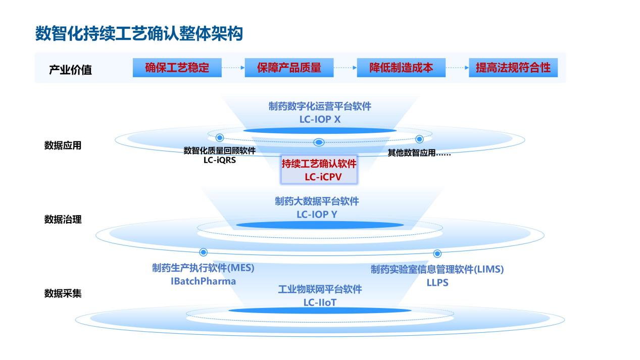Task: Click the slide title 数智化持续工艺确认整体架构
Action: coord(139,33)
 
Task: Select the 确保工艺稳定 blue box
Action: coord(177,68)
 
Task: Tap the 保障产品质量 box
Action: coord(289,68)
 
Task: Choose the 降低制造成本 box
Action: coord(401,68)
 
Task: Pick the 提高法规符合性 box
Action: coord(513,68)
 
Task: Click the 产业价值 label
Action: coord(70,70)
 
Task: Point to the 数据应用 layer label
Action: coord(63,145)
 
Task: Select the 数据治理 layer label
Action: coord(63,220)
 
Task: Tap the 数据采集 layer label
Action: coord(63,293)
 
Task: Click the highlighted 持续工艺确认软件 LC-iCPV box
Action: coord(319,170)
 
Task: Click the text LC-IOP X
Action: coord(320,119)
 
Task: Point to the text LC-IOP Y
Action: coord(317,214)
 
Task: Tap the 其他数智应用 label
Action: coord(419,153)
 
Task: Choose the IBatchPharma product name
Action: coord(204,281)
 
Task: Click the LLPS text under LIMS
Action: coord(437,282)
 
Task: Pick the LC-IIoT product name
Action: coord(320,302)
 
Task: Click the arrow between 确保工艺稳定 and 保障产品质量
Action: coord(233,68)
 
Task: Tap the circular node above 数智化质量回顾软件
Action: coord(219,137)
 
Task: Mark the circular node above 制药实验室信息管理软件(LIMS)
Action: coord(437,253)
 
